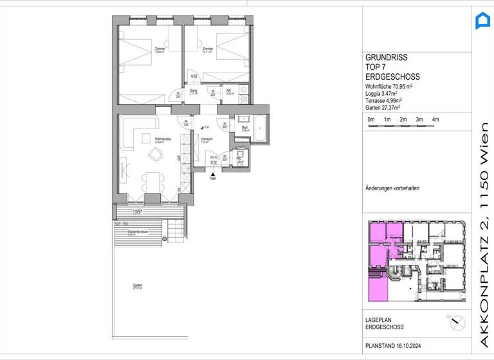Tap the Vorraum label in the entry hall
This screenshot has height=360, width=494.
click(x=206, y=139)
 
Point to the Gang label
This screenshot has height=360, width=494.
click(x=193, y=91)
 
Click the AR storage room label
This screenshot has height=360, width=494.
click(x=229, y=91)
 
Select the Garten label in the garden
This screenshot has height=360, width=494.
click(x=137, y=286)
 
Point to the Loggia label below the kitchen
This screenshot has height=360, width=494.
click(x=137, y=210)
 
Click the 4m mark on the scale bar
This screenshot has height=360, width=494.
click(x=435, y=120)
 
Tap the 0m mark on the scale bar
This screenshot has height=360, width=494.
click(x=370, y=120)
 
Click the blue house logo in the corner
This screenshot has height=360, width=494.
click(x=482, y=21)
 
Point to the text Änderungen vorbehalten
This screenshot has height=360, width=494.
click(x=392, y=188)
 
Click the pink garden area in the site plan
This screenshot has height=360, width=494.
click(x=377, y=285)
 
